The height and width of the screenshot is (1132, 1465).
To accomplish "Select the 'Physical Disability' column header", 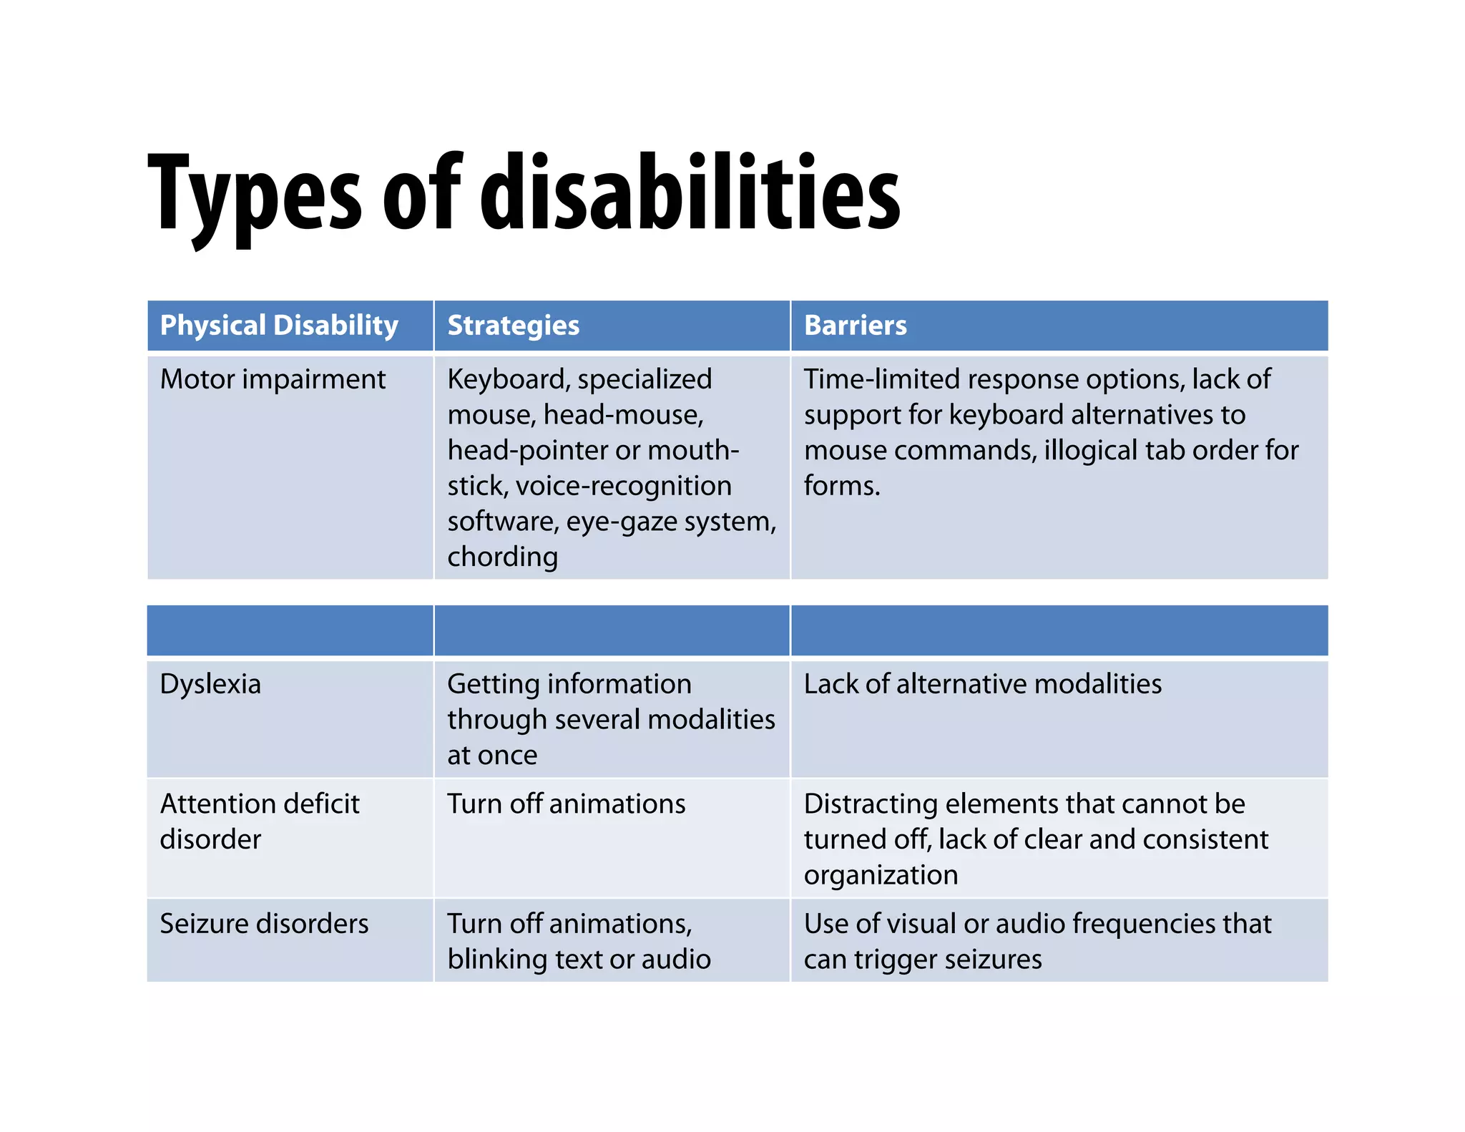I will click(x=279, y=326).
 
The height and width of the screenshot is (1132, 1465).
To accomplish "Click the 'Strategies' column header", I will click(x=513, y=326).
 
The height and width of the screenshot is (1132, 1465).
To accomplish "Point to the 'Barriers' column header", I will click(x=855, y=326).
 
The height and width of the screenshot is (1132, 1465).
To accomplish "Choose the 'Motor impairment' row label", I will click(x=273, y=379).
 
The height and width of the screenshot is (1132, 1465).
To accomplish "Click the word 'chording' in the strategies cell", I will click(x=502, y=557).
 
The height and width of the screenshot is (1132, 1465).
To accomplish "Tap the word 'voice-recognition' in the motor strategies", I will click(x=623, y=486).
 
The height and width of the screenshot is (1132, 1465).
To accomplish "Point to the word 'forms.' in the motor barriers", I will click(x=841, y=486).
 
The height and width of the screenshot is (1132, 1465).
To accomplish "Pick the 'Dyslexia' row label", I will click(x=210, y=684).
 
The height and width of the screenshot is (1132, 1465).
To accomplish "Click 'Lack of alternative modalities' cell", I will click(x=982, y=684).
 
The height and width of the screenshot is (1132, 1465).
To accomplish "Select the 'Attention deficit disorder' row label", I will click(x=259, y=821).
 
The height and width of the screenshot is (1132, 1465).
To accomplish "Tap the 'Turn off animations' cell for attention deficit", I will click(x=566, y=804).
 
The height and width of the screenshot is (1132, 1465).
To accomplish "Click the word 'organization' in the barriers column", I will click(x=881, y=875).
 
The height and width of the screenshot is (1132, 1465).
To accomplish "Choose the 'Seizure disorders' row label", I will click(x=264, y=924).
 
